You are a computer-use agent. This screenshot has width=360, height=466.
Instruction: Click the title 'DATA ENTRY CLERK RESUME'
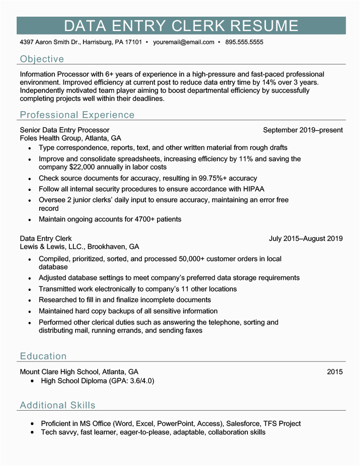pyautogui.click(x=181, y=26)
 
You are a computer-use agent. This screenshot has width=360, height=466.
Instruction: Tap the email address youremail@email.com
pyautogui.click(x=184, y=42)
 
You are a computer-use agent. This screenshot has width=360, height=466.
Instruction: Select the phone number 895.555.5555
pyautogui.click(x=244, y=42)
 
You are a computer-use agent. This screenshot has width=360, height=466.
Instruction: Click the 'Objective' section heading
pyautogui.click(x=42, y=59)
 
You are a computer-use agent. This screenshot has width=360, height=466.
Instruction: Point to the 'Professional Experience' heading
pyautogui.click(x=77, y=115)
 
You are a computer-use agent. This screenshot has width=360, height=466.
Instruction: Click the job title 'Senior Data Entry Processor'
pyautogui.click(x=65, y=130)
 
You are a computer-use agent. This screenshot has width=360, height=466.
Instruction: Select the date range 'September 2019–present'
pyautogui.click(x=303, y=130)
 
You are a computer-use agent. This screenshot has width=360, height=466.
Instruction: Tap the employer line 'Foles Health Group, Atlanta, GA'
pyautogui.click(x=71, y=138)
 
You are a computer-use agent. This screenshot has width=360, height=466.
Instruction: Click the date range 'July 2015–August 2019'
pyautogui.click(x=306, y=239)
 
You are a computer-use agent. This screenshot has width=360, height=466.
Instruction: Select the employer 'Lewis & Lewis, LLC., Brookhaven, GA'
pyautogui.click(x=80, y=247)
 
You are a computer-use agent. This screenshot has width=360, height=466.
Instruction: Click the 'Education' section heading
pyautogui.click(x=43, y=356)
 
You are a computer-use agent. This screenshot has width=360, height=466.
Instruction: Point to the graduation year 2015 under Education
pyautogui.click(x=335, y=372)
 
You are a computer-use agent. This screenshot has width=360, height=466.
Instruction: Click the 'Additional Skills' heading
pyautogui.click(x=58, y=405)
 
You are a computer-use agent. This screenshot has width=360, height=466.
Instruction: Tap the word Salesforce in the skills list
pyautogui.click(x=243, y=424)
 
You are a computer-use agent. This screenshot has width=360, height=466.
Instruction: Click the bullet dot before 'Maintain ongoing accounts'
pyautogui.click(x=30, y=220)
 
